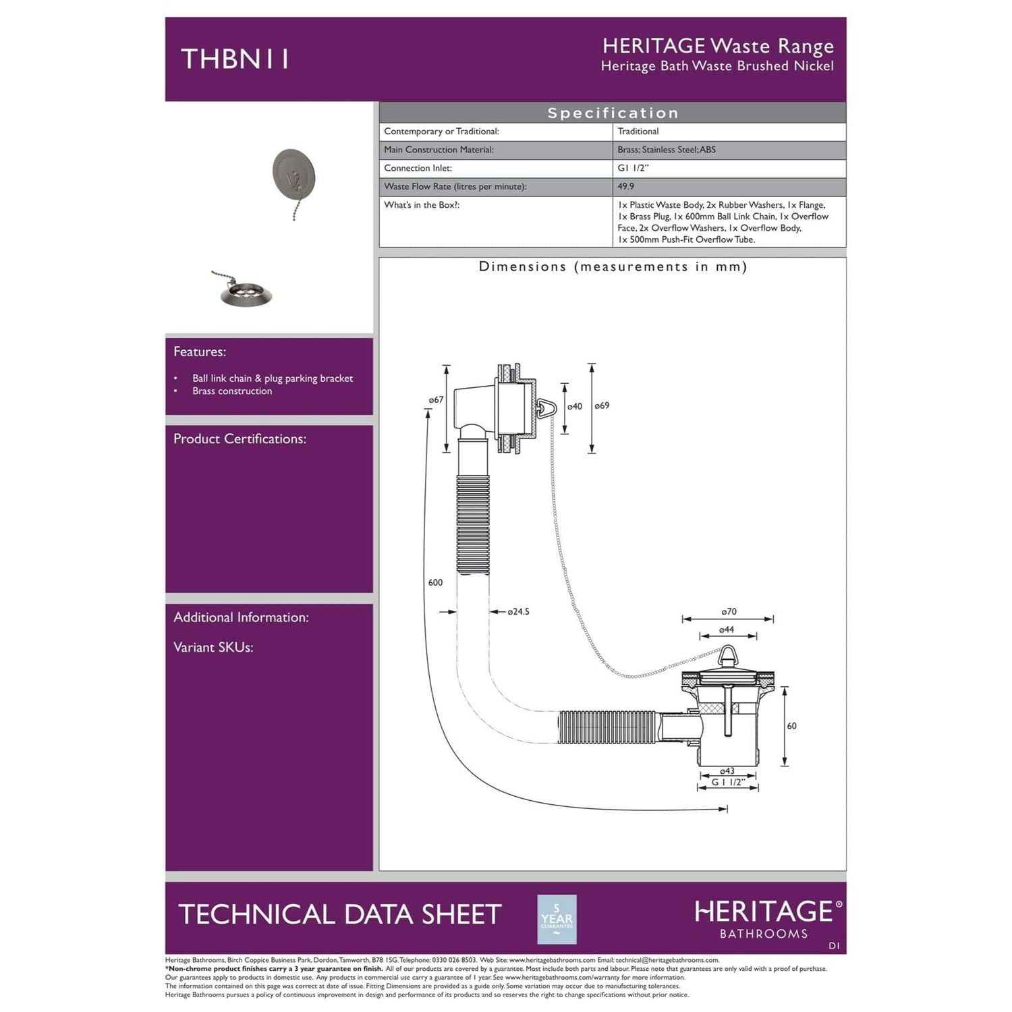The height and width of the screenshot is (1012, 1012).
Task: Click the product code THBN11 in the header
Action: [x=235, y=59]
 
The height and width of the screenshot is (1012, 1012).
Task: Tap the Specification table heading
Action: [x=613, y=113]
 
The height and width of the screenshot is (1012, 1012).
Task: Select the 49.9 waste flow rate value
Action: [x=625, y=186]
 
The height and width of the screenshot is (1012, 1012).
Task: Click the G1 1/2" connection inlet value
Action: [x=633, y=168]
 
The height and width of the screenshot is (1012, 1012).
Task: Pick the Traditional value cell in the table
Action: [x=638, y=132]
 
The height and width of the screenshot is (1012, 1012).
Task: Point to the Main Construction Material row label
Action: [x=439, y=150]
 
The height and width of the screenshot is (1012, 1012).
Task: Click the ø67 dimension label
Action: [x=436, y=399]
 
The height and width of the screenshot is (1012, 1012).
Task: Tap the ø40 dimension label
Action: [x=574, y=406]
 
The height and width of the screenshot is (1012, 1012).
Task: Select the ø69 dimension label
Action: [x=602, y=405]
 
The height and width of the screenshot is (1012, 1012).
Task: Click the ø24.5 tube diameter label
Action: [x=518, y=612]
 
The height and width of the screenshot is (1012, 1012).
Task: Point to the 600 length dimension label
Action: [x=435, y=582]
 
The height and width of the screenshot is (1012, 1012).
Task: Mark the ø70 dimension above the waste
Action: [x=729, y=612]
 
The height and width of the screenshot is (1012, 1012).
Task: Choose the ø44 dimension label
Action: [x=727, y=629]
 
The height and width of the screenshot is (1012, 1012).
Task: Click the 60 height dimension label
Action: [x=791, y=726]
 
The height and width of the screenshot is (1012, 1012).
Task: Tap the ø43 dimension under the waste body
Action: [x=727, y=771]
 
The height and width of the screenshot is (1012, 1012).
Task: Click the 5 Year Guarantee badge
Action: [x=557, y=919]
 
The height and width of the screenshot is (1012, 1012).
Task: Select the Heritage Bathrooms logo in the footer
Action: [x=768, y=919]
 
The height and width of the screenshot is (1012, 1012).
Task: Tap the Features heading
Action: [x=200, y=352]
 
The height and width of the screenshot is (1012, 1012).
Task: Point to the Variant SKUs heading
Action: [x=213, y=647]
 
